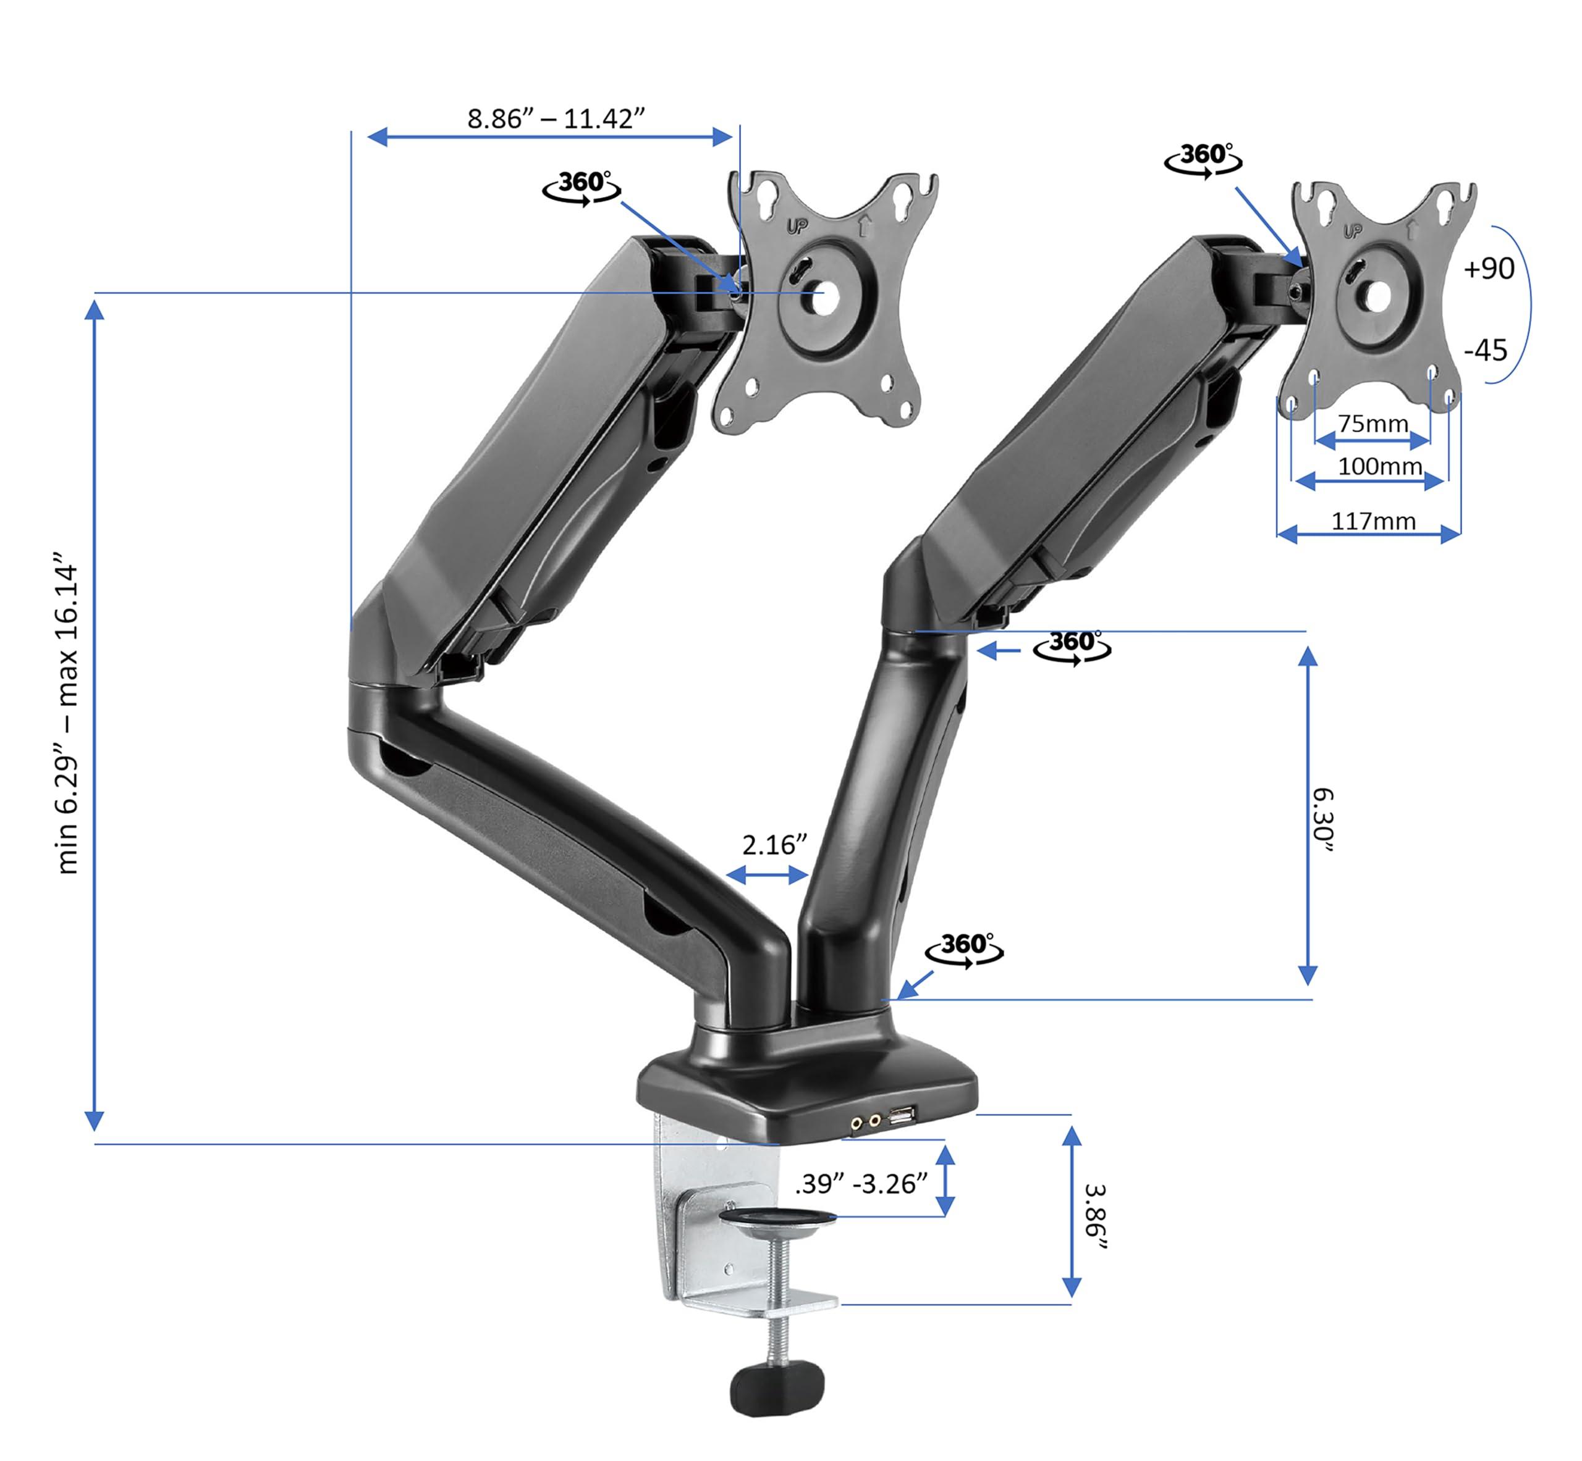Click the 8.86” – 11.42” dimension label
tap(556, 119)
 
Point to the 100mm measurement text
tap(1379, 466)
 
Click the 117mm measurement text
tap(1373, 521)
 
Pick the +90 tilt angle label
tap(1488, 269)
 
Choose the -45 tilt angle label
tap(1486, 350)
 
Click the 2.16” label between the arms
tap(774, 845)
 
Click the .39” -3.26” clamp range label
tap(861, 1184)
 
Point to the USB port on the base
tap(901, 1116)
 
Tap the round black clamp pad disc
tap(779, 1218)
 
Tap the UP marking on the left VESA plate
tap(797, 227)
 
